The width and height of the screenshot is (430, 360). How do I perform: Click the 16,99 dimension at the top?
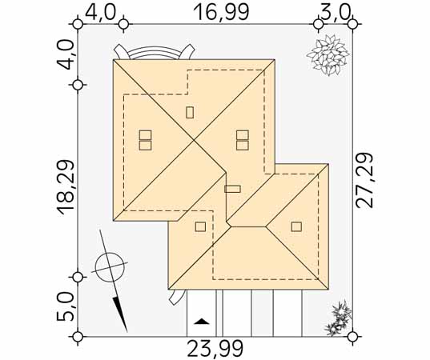(x=221, y=12)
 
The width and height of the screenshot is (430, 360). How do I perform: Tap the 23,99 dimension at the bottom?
(x=215, y=349)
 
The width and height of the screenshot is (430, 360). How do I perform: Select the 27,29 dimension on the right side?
(x=364, y=180)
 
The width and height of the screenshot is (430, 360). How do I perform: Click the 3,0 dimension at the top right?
(x=336, y=12)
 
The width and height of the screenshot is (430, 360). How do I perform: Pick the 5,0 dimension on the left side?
(x=66, y=306)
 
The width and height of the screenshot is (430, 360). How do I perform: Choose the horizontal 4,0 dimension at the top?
(x=100, y=12)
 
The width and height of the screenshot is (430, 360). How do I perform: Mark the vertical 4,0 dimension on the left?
(x=66, y=54)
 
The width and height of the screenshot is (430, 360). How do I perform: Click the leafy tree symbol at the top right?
(x=328, y=54)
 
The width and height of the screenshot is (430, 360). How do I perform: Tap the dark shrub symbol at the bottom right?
(x=338, y=318)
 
